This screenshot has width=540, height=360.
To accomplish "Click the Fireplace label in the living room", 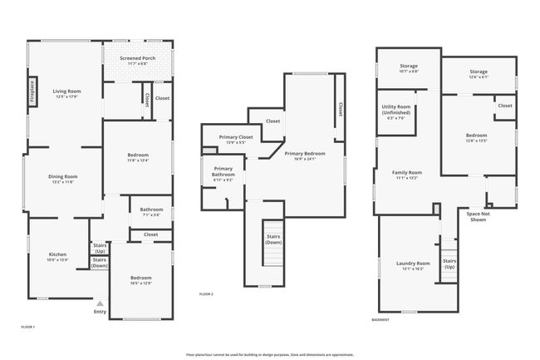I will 32,89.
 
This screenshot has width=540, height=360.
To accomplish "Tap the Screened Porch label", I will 137,58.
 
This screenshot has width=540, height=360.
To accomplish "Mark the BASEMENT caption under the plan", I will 380,319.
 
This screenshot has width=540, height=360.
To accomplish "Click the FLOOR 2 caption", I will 206,294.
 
